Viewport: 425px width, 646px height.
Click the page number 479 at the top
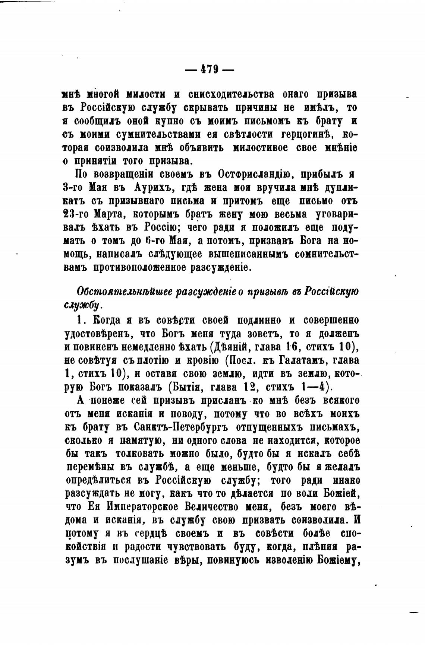[211, 69]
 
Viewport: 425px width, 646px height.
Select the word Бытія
[192, 387]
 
